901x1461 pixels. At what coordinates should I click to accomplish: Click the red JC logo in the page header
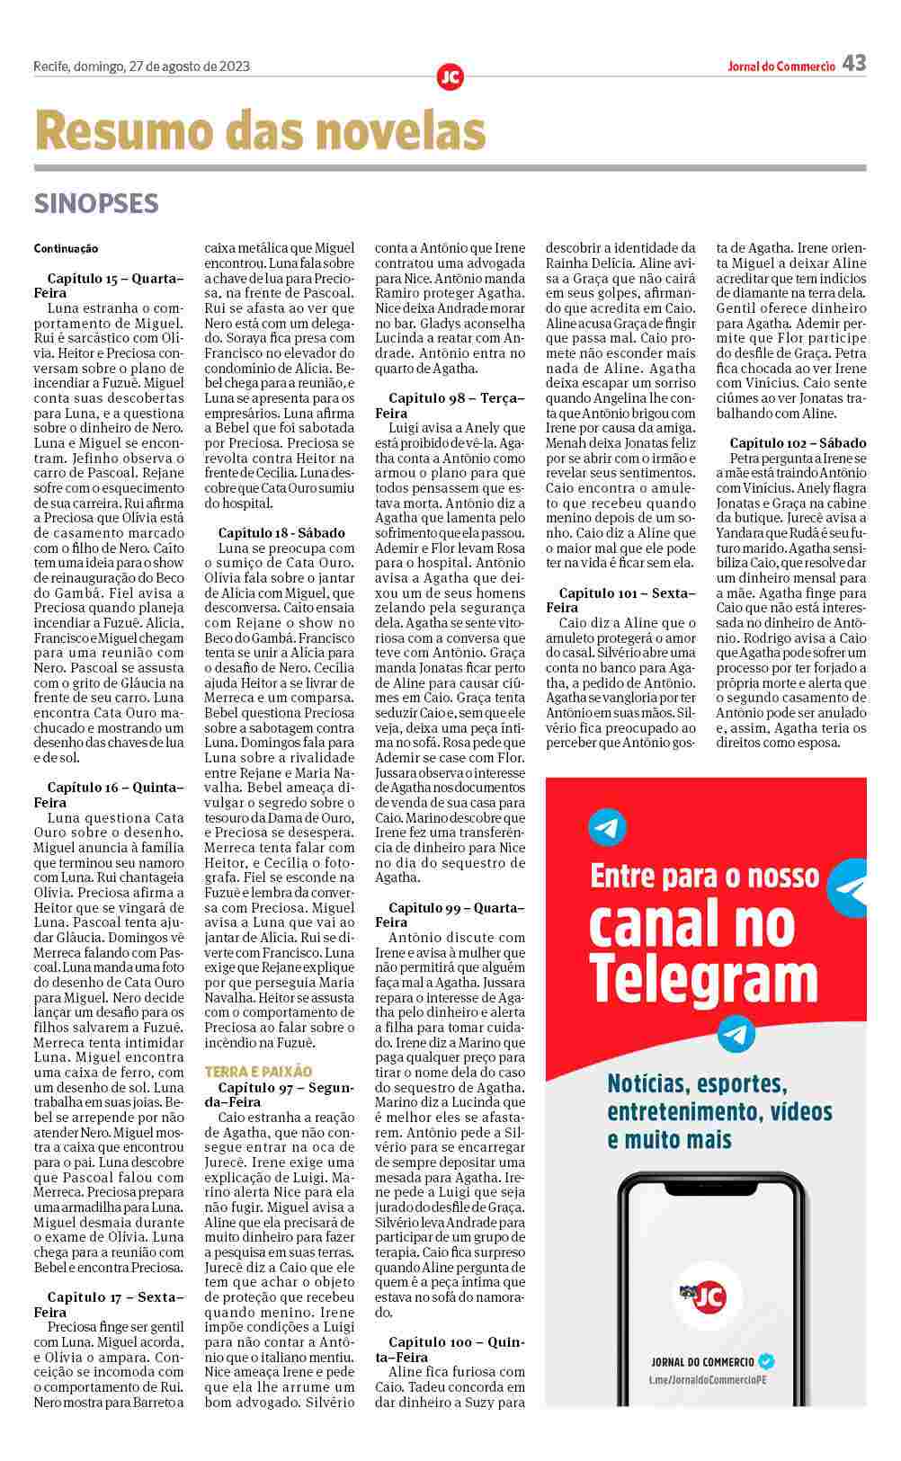coord(450,77)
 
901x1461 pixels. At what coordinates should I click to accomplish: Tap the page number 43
coord(854,63)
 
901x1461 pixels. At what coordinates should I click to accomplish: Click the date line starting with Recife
coord(141,66)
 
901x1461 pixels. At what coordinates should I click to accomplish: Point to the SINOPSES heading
coord(96,204)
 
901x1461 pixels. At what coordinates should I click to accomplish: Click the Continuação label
coord(66,248)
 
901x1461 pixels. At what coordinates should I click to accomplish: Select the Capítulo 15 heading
coord(109,286)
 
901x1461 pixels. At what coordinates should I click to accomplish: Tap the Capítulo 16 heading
coord(109,795)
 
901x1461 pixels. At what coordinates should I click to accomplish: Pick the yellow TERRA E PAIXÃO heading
coord(258,1072)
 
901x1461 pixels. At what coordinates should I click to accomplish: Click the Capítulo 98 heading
coord(450,405)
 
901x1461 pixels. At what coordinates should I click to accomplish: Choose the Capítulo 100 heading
coord(450,1350)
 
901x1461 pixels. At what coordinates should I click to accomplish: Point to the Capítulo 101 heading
coord(621,601)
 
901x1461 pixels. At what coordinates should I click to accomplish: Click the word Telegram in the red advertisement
coord(703,976)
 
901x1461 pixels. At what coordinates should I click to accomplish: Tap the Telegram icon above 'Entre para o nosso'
coord(607,828)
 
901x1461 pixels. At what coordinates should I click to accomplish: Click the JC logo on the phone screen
coord(703,1296)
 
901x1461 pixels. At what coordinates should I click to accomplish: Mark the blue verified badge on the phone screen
coord(766,1361)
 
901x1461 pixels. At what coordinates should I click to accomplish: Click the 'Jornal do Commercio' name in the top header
coord(781,66)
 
